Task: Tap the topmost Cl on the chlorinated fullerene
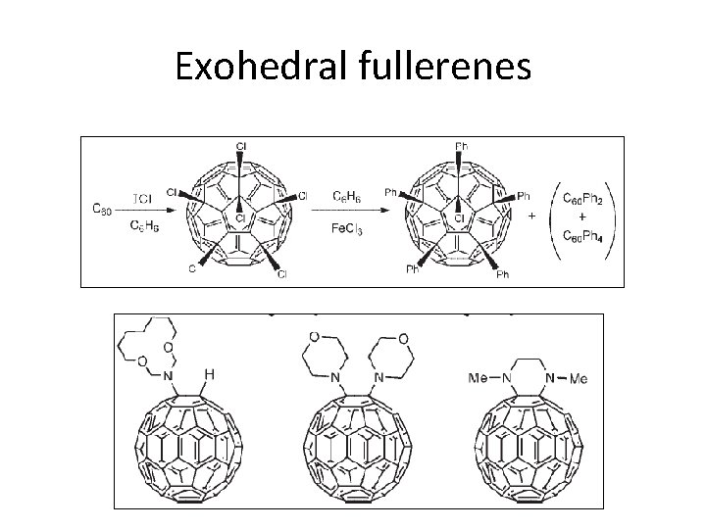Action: tap(241, 147)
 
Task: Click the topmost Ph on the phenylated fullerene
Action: tap(462, 147)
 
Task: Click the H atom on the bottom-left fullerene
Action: tap(209, 373)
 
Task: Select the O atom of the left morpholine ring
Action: tap(313, 339)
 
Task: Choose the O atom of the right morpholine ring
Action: tap(403, 339)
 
